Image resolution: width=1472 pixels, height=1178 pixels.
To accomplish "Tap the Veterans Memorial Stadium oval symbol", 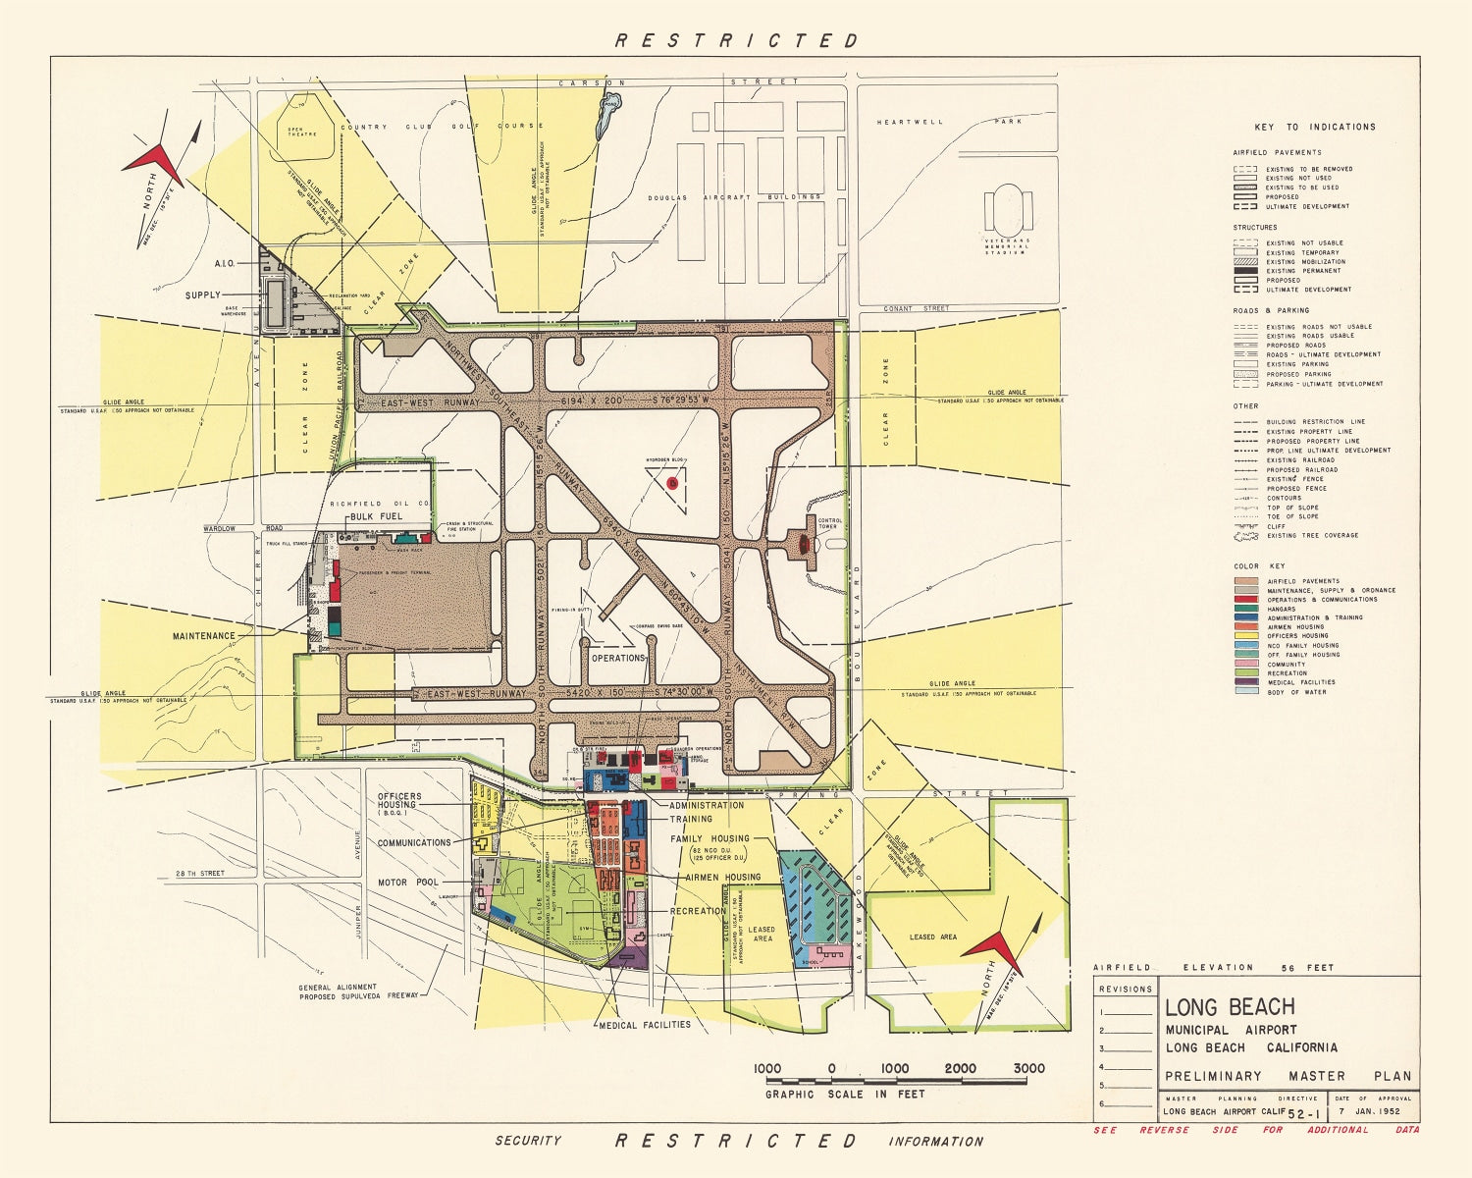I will coord(1009,208).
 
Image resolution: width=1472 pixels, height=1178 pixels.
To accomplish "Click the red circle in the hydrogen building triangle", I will coord(672,482).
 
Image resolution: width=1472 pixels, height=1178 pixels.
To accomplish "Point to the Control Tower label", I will coord(829,523).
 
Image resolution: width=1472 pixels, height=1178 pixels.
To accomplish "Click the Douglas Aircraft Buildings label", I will coord(734,197).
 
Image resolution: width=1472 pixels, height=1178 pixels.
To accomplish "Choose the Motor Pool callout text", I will coord(408,883).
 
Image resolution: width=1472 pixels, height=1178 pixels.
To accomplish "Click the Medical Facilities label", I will coord(645,1025).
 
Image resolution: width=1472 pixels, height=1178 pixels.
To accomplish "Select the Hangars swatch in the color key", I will coord(1246,609).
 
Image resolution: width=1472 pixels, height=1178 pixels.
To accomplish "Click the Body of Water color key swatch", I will coord(1246,691).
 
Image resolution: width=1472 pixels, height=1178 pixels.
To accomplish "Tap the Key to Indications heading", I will coord(1314,127).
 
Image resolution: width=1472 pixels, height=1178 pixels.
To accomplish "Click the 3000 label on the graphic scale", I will coord(1027,1069).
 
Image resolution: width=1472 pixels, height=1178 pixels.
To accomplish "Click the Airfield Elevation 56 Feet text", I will coord(1214,967).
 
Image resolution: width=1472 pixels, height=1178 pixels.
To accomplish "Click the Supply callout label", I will coord(203,294).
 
